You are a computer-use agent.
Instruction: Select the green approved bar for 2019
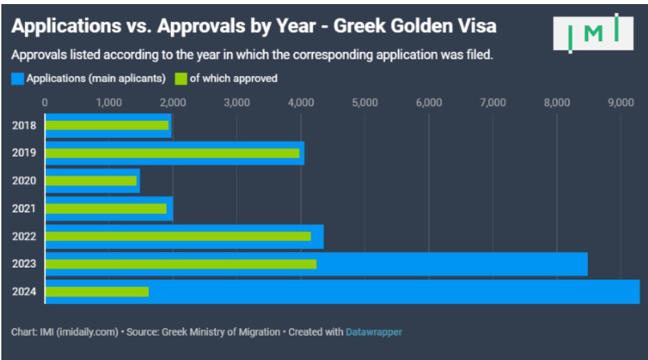coord(172,153)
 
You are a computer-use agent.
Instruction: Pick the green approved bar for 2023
coord(180,264)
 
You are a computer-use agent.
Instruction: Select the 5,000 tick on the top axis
coord(364,103)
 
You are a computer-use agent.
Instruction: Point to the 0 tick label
coord(45,103)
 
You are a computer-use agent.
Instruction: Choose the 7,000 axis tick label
coord(492,103)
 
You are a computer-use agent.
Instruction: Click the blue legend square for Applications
coord(18,79)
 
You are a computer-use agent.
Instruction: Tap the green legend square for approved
coord(181,79)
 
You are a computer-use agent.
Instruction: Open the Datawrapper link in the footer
coord(373,332)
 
